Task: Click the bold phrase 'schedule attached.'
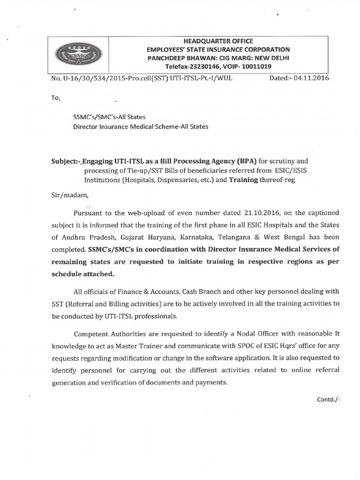82,274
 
